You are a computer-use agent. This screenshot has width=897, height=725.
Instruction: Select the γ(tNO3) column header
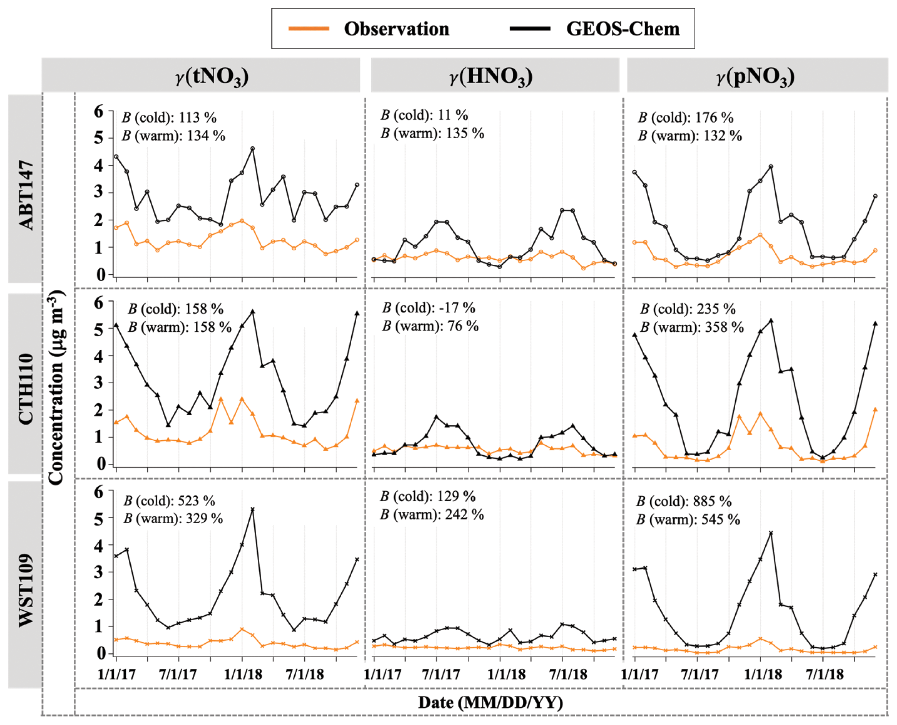[212, 76]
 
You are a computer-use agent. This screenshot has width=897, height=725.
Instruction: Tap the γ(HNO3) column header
[491, 76]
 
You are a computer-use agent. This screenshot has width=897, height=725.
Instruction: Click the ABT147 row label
[26, 195]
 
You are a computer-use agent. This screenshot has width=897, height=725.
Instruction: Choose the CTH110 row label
[26, 388]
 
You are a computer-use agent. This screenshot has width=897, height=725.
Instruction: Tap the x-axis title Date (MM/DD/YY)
[491, 702]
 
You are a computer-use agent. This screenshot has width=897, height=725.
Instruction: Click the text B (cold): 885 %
[684, 501]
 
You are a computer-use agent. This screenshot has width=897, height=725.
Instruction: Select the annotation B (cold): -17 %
[428, 308]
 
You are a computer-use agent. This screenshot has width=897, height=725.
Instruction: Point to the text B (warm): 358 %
[692, 327]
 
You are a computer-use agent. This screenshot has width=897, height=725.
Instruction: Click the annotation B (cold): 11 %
[424, 115]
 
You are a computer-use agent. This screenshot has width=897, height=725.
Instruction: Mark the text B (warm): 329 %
[173, 519]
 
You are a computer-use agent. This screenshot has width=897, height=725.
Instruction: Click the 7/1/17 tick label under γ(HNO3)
[441, 674]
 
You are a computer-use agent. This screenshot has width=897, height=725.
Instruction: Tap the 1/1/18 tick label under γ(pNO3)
[763, 674]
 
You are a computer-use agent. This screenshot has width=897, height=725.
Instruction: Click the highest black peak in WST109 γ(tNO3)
[253, 509]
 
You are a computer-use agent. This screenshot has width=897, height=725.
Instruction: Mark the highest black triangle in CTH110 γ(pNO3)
[771, 321]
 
